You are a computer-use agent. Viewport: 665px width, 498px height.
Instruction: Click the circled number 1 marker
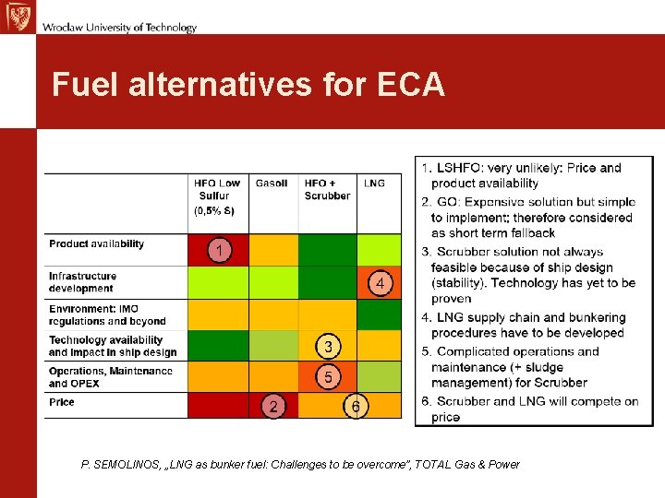(219, 250)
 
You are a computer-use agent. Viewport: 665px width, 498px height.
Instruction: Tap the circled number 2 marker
(272, 406)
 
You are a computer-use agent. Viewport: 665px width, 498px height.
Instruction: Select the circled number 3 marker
(328, 347)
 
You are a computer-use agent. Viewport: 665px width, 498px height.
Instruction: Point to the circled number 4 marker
(380, 283)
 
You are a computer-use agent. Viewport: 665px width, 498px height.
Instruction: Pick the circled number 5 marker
(328, 376)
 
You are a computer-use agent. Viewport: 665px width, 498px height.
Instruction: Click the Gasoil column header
(272, 184)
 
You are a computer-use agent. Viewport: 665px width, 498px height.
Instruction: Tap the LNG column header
(374, 184)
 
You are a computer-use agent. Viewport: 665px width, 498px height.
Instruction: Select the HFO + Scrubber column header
(327, 189)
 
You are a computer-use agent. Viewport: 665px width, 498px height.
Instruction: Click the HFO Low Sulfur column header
(217, 196)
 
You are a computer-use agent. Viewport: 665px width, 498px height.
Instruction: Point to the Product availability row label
(97, 244)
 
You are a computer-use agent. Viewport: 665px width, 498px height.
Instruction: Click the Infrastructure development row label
(83, 282)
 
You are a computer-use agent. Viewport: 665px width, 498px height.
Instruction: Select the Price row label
(62, 402)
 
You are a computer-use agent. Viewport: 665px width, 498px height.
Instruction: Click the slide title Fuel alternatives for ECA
(248, 85)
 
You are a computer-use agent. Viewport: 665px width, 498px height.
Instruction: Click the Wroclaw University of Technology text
(119, 28)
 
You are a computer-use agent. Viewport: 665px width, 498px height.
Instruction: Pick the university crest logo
(17, 17)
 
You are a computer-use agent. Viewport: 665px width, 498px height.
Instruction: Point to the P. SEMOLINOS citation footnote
(300, 465)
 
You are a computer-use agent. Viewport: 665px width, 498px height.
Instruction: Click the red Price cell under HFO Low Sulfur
(218, 406)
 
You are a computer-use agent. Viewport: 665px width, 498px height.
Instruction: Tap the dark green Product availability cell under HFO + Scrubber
(327, 250)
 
